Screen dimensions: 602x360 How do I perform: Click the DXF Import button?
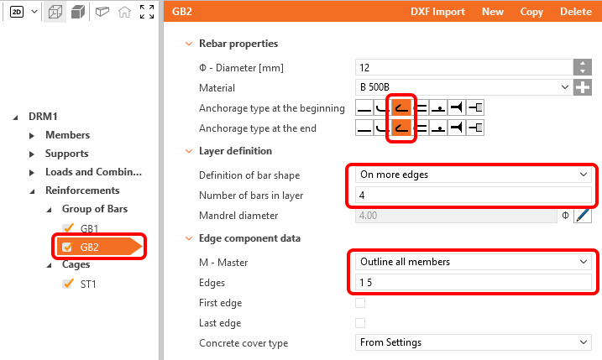point(437,12)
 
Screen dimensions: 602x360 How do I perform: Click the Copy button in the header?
point(531,12)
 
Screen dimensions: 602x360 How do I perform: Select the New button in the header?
point(493,12)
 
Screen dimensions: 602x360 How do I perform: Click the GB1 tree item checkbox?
point(68,228)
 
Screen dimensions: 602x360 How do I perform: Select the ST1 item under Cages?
point(88,284)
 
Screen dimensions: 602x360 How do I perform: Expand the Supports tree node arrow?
point(32,154)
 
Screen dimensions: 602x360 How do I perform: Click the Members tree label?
point(67,135)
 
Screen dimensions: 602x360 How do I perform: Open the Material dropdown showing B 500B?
point(463,87)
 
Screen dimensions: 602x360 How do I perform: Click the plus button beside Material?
point(583,87)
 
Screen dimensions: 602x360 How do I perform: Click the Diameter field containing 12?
point(463,67)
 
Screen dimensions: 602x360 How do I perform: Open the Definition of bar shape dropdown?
point(473,175)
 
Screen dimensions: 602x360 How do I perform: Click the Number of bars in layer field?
point(473,196)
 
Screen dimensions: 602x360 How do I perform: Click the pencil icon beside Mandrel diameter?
point(583,216)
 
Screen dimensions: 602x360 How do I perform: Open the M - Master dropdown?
point(473,262)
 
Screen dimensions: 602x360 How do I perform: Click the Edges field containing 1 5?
point(473,283)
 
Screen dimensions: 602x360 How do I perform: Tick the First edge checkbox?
point(360,303)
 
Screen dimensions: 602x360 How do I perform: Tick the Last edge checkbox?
point(360,323)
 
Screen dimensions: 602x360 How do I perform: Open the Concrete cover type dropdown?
point(473,342)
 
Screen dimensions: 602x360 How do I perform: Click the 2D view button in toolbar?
point(17,12)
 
